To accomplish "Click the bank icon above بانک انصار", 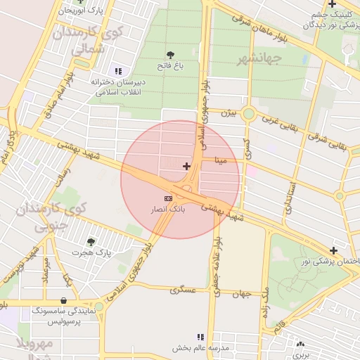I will click(167, 198).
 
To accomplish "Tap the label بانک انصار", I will click(167, 210).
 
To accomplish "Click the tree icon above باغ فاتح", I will click(170, 54).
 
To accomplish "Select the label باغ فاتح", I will click(169, 65).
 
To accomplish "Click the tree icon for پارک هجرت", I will click(91, 242).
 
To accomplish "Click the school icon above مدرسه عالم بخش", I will click(200, 337).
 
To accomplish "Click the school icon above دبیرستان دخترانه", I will click(117, 71).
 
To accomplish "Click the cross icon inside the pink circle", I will click(186, 166).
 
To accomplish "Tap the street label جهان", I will click(242, 293).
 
